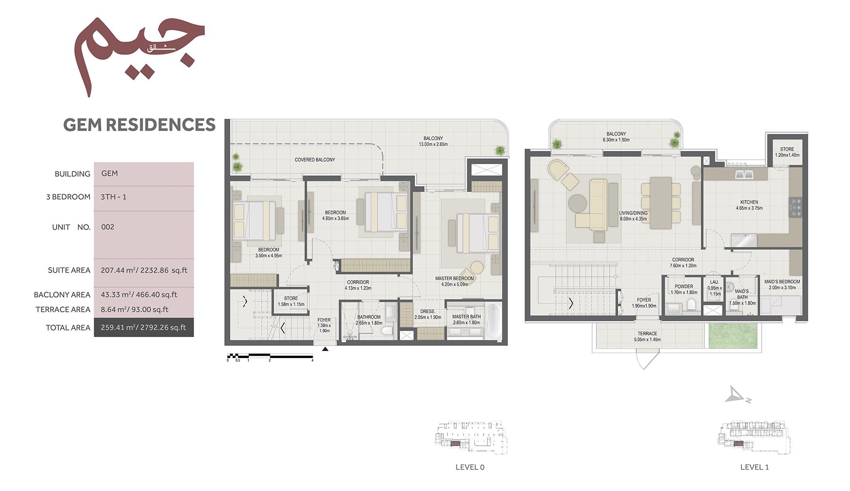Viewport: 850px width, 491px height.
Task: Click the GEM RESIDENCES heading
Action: pyautogui.click(x=139, y=125)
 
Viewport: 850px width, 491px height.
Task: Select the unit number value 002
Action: pyautogui.click(x=108, y=227)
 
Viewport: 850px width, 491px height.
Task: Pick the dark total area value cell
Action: pyautogui.click(x=144, y=327)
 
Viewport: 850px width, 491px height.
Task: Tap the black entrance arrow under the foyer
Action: pyautogui.click(x=325, y=349)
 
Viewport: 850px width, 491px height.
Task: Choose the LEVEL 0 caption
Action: pyautogui.click(x=470, y=467)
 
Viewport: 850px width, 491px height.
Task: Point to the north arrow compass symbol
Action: pyautogui.click(x=736, y=395)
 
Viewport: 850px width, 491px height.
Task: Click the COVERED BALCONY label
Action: pyautogui.click(x=314, y=160)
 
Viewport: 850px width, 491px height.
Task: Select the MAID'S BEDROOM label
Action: pyautogui.click(x=782, y=284)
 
